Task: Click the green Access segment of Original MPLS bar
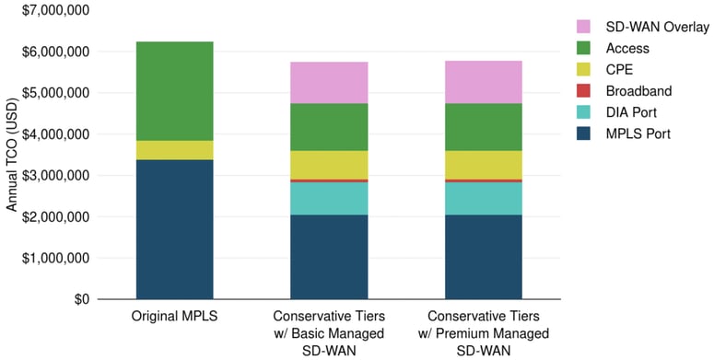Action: point(174,91)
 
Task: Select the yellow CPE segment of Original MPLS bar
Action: point(174,150)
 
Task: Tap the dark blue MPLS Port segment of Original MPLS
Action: point(174,229)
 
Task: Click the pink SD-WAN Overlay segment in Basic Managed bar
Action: point(329,83)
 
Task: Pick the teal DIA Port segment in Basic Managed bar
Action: point(329,198)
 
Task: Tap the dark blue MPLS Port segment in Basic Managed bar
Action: point(329,257)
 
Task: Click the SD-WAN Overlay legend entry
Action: point(644,27)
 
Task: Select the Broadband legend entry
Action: point(631,92)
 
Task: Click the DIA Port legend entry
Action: point(627,113)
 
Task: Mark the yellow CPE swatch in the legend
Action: point(584,70)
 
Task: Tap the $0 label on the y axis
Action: point(82,299)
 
